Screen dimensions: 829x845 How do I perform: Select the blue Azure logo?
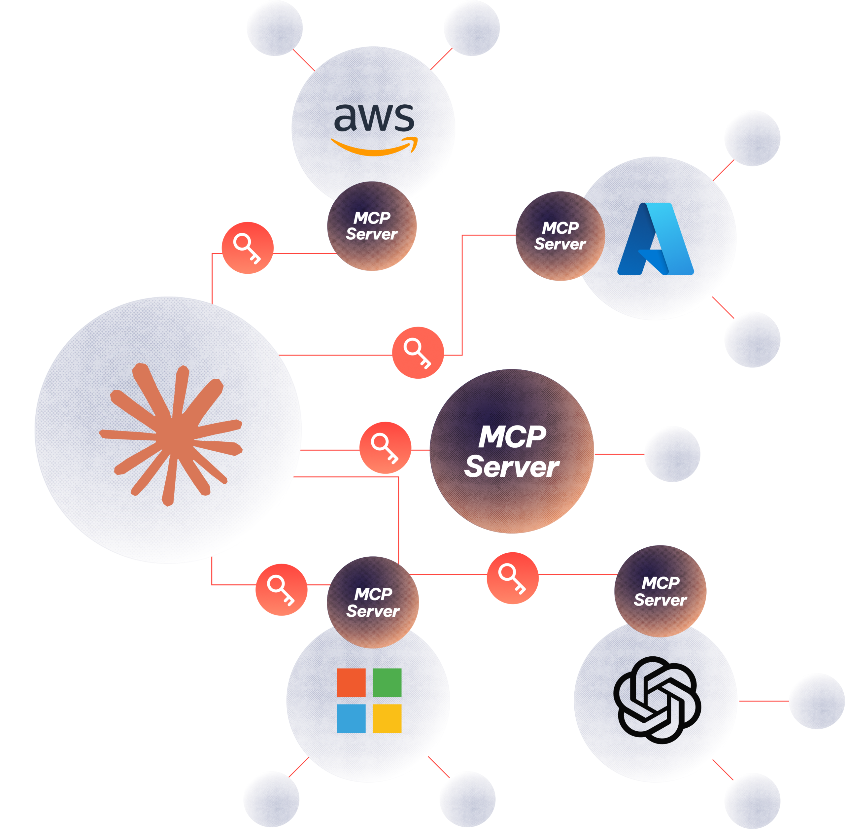[656, 239]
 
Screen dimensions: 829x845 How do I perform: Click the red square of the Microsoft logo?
[351, 683]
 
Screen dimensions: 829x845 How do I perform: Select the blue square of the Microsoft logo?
[351, 718]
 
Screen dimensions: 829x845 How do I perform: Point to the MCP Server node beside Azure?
[560, 236]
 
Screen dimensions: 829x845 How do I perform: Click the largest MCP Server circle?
[512, 452]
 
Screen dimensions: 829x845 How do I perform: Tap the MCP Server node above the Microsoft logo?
[373, 602]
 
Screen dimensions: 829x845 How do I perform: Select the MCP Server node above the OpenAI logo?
[660, 591]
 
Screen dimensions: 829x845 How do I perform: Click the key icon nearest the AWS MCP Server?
[247, 248]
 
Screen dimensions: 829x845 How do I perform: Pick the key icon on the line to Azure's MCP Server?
[418, 353]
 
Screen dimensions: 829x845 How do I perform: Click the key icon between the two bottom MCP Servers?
[512, 578]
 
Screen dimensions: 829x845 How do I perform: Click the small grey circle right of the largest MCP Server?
[672, 454]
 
